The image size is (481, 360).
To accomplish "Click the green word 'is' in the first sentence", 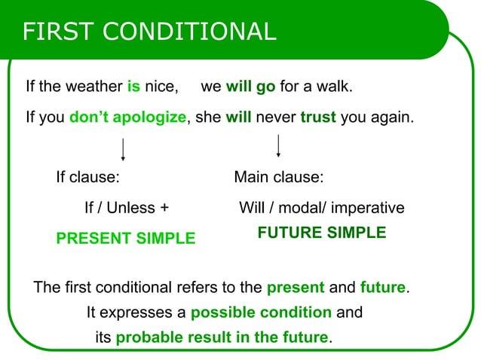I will pos(133,87).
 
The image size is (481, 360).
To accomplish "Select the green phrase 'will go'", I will pos(250,87).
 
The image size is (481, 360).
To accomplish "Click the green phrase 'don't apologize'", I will pos(127,118).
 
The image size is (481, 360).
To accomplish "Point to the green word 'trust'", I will pos(318,118).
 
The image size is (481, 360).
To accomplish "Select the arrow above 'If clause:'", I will pos(123,149).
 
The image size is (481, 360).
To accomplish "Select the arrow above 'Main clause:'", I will pos(279,145).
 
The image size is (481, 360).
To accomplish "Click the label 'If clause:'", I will pos(88,178).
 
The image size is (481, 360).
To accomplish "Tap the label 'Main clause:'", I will pos(278,178).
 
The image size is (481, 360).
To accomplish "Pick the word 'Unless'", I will pos(130,208).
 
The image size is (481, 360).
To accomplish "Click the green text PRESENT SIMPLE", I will pos(125,239).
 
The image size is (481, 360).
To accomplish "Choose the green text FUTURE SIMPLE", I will pos(321,233).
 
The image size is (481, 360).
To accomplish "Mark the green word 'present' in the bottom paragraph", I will pos(296,288).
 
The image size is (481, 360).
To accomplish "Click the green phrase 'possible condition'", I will pos(261,312).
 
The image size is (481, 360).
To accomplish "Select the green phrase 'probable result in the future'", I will pos(222,337).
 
